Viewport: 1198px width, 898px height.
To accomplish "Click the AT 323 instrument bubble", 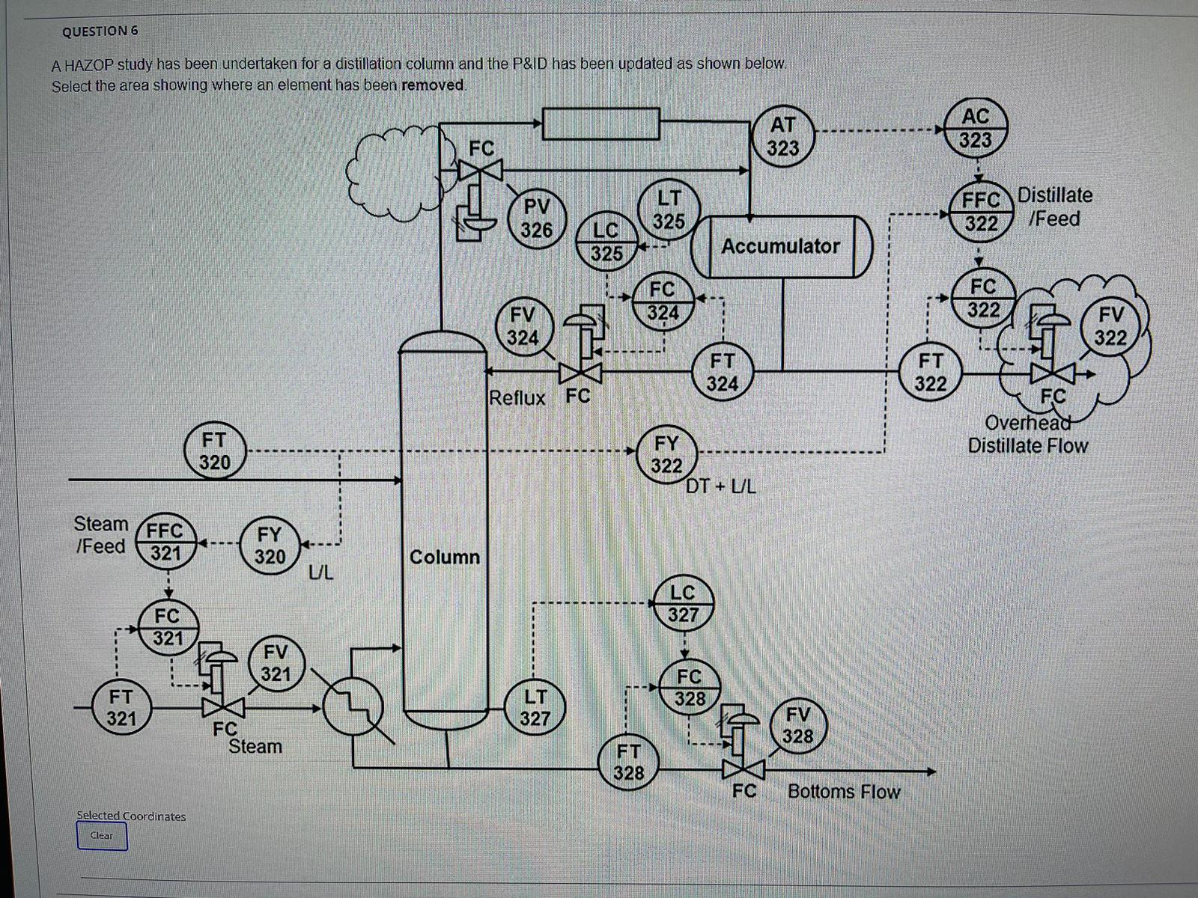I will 782,135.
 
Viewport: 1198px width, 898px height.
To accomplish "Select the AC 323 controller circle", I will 975,128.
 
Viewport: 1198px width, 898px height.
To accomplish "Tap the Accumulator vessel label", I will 780,246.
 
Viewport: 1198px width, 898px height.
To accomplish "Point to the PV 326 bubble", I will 536,218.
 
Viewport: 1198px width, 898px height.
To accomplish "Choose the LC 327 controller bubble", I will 682,603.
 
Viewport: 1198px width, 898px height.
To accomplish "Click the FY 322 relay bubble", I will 666,453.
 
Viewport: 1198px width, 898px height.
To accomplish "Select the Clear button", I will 102,836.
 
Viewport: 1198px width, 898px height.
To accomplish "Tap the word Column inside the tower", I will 444,557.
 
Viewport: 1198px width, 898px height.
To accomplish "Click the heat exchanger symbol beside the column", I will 353,705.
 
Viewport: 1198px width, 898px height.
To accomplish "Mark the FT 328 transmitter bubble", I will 628,761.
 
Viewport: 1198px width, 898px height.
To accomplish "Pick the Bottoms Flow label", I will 844,792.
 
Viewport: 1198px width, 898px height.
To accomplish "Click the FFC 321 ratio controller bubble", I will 165,542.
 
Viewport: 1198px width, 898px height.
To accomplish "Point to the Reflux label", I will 517,397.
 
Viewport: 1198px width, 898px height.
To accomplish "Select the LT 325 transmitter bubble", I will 669,210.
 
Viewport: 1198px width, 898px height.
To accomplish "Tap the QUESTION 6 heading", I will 100,31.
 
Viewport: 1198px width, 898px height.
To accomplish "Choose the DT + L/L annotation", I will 721,486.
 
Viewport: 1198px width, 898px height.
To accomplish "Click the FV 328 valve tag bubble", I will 797,724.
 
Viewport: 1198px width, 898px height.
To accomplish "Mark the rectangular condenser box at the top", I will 600,123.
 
